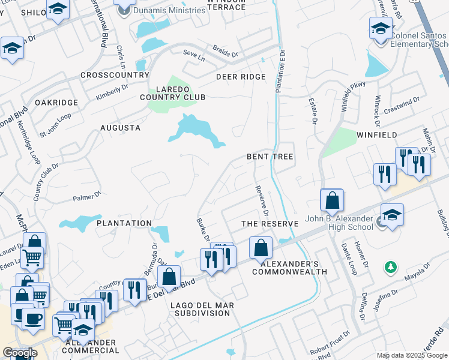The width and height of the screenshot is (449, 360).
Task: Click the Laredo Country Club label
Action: coord(173,92)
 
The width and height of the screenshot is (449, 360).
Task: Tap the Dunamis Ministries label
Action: coord(170,10)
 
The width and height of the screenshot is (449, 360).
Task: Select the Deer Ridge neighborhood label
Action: coord(241,77)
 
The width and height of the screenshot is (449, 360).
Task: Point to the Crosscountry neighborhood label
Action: coord(115,75)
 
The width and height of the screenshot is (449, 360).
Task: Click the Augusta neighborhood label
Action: coord(120,128)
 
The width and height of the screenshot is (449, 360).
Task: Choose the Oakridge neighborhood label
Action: coord(56,103)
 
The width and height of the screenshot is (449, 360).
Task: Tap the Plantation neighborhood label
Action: coord(124,223)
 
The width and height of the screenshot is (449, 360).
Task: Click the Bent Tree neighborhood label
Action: coord(270,157)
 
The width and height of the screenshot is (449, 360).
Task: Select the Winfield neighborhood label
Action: coord(376,135)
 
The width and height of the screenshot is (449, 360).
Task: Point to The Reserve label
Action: coord(270,224)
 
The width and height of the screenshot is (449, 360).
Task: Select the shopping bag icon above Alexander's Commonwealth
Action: coord(261,248)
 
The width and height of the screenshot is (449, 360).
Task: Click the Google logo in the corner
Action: coord(20,353)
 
